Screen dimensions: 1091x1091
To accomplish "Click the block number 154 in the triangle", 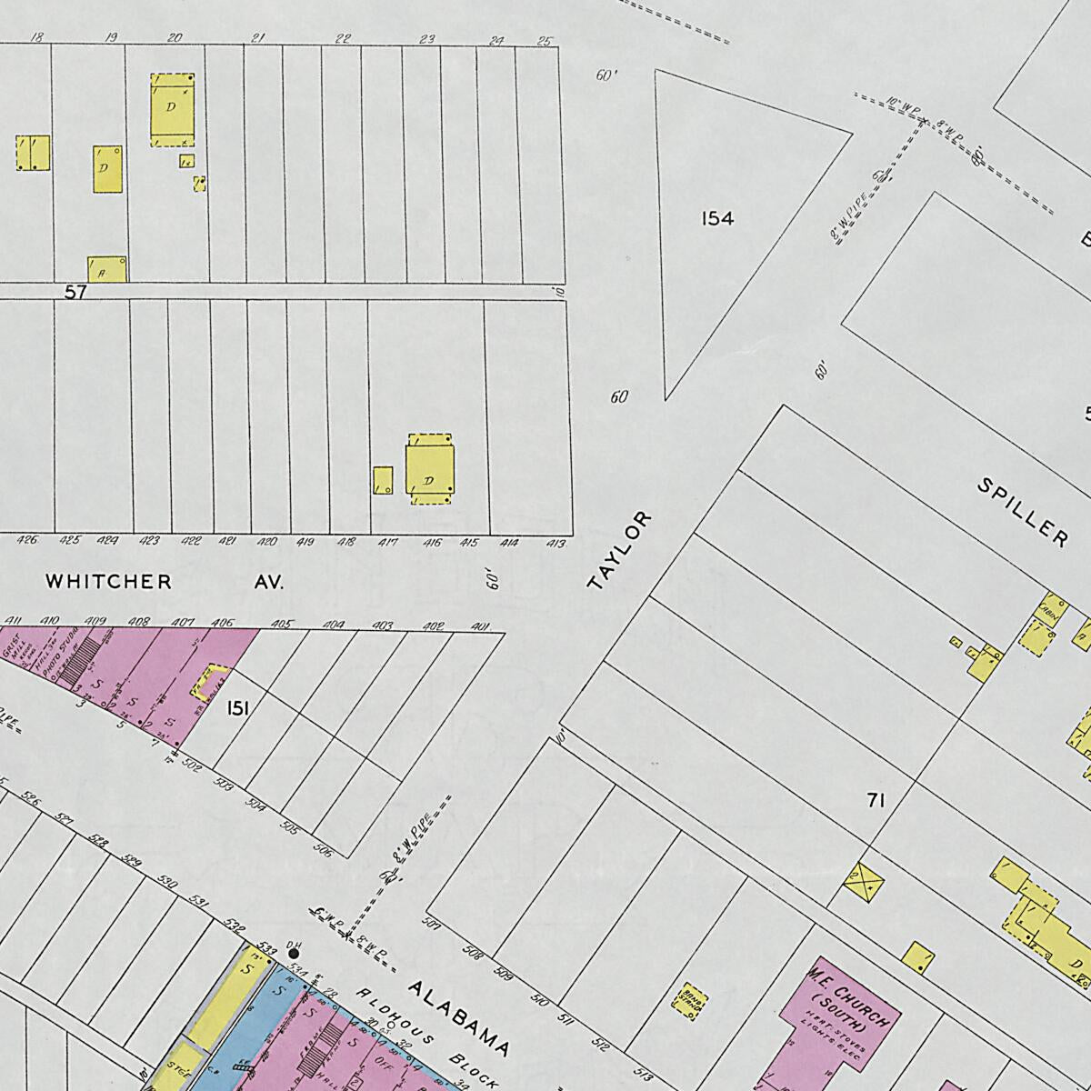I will pyautogui.click(x=717, y=218).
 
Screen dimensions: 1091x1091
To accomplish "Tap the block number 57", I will pyautogui.click(x=75, y=293).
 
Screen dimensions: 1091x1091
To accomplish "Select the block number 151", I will pyautogui.click(x=238, y=707).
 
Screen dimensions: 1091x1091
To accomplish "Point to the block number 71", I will pyautogui.click(x=876, y=800).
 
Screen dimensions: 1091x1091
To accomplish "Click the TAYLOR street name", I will pyautogui.click(x=620, y=551).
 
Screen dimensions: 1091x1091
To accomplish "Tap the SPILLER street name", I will pyautogui.click(x=1023, y=512).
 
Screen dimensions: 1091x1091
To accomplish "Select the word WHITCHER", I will pyautogui.click(x=108, y=581).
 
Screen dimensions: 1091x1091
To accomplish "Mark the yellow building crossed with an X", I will pyautogui.click(x=862, y=881).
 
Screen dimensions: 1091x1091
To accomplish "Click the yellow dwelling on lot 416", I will pyautogui.click(x=429, y=468).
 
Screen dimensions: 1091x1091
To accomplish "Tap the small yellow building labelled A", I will pyautogui.click(x=106, y=269).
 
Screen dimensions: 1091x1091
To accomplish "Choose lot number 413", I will pyautogui.click(x=556, y=544).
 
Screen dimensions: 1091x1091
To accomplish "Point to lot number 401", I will pyautogui.click(x=481, y=626).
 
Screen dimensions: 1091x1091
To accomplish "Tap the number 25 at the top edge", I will pyautogui.click(x=544, y=40).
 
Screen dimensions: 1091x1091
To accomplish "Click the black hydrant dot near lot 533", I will pyautogui.click(x=294, y=954).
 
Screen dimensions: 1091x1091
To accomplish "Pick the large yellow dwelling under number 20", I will pyautogui.click(x=172, y=109).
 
